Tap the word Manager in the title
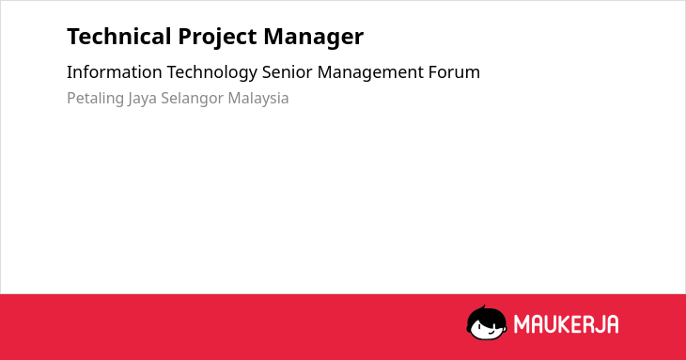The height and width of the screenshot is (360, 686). pos(313,38)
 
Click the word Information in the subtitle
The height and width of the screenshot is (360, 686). pos(115,71)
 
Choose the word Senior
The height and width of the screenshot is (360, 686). pos(287,71)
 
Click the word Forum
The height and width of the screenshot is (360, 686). pos(454,71)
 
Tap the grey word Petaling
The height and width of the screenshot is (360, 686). pos(95,99)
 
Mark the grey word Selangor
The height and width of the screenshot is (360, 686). pos(192,99)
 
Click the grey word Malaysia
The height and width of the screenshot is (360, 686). pos(258,99)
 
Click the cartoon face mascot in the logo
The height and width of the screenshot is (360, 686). pos(487,323)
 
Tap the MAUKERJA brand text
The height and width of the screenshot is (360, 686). pos(566,324)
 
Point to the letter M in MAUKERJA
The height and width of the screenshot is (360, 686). pos(521,324)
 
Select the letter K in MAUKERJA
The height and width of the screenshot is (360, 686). pos(565,324)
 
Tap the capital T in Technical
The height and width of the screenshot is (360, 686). pos(74,37)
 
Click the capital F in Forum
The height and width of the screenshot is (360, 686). pos(433,72)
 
